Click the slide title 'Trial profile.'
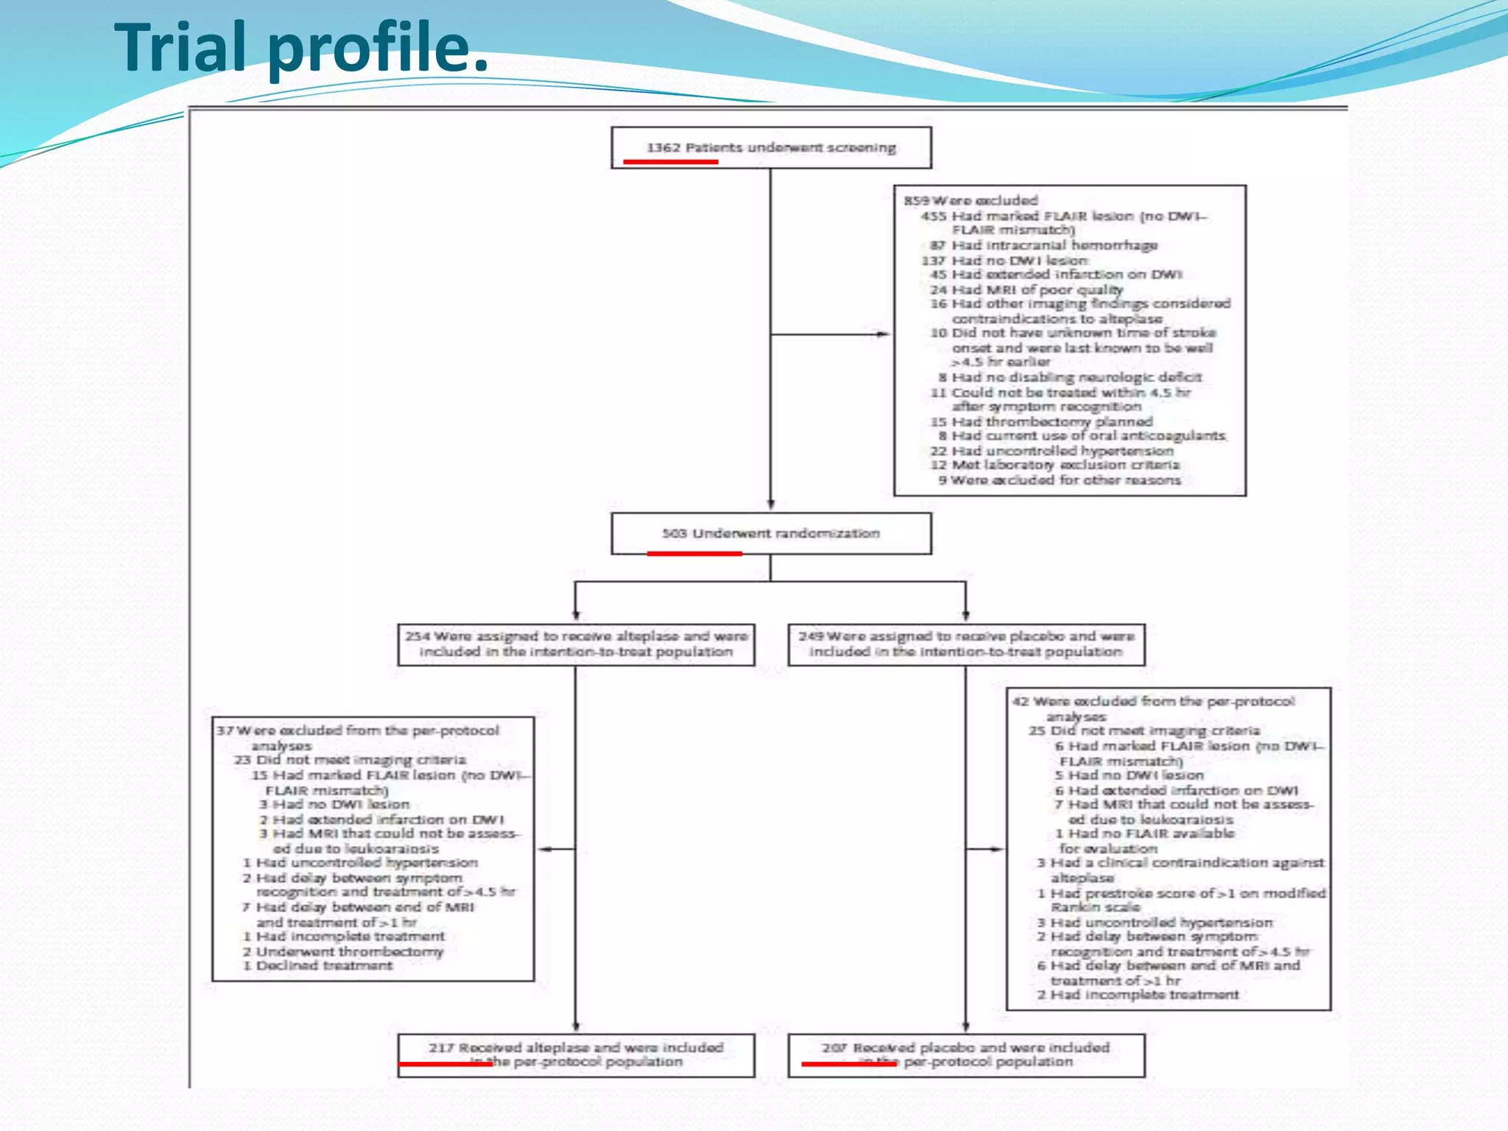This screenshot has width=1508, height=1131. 301,48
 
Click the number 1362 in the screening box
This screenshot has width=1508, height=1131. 663,148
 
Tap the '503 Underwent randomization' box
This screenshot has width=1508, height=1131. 770,533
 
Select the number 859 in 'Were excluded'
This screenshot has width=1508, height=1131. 917,200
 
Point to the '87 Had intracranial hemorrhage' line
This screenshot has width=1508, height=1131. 1043,245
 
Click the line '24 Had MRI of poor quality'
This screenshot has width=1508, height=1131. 1026,289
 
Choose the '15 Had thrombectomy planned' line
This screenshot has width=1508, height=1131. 1041,421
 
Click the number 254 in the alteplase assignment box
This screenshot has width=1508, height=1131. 417,636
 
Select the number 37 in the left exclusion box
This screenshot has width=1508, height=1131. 225,730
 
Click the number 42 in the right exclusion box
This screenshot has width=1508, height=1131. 1021,701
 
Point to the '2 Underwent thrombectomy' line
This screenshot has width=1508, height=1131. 343,951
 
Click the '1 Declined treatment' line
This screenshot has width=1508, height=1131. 317,965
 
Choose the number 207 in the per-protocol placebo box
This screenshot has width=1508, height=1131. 834,1047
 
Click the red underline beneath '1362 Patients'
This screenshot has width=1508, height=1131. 670,162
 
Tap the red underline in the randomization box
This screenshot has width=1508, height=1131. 694,553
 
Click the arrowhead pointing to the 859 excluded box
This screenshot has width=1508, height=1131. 882,334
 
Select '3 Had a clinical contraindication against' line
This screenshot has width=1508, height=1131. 1180,863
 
